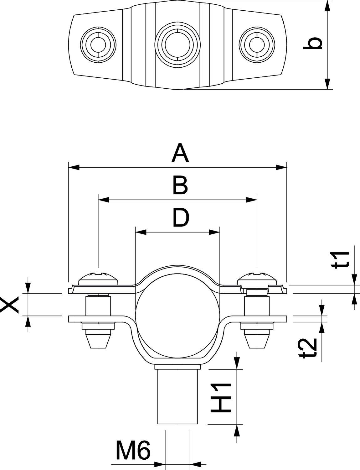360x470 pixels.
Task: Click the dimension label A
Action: click(x=180, y=153)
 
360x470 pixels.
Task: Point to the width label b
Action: click(x=313, y=44)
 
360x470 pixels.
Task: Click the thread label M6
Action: click(x=133, y=450)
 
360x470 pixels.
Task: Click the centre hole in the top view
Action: click(x=177, y=44)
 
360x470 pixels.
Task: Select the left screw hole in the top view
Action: click(x=98, y=44)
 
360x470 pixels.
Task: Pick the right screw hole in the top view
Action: click(x=257, y=44)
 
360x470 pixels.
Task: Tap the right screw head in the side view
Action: click(x=257, y=278)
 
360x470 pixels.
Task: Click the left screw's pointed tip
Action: click(x=98, y=341)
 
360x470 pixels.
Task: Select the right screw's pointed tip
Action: click(x=257, y=341)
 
